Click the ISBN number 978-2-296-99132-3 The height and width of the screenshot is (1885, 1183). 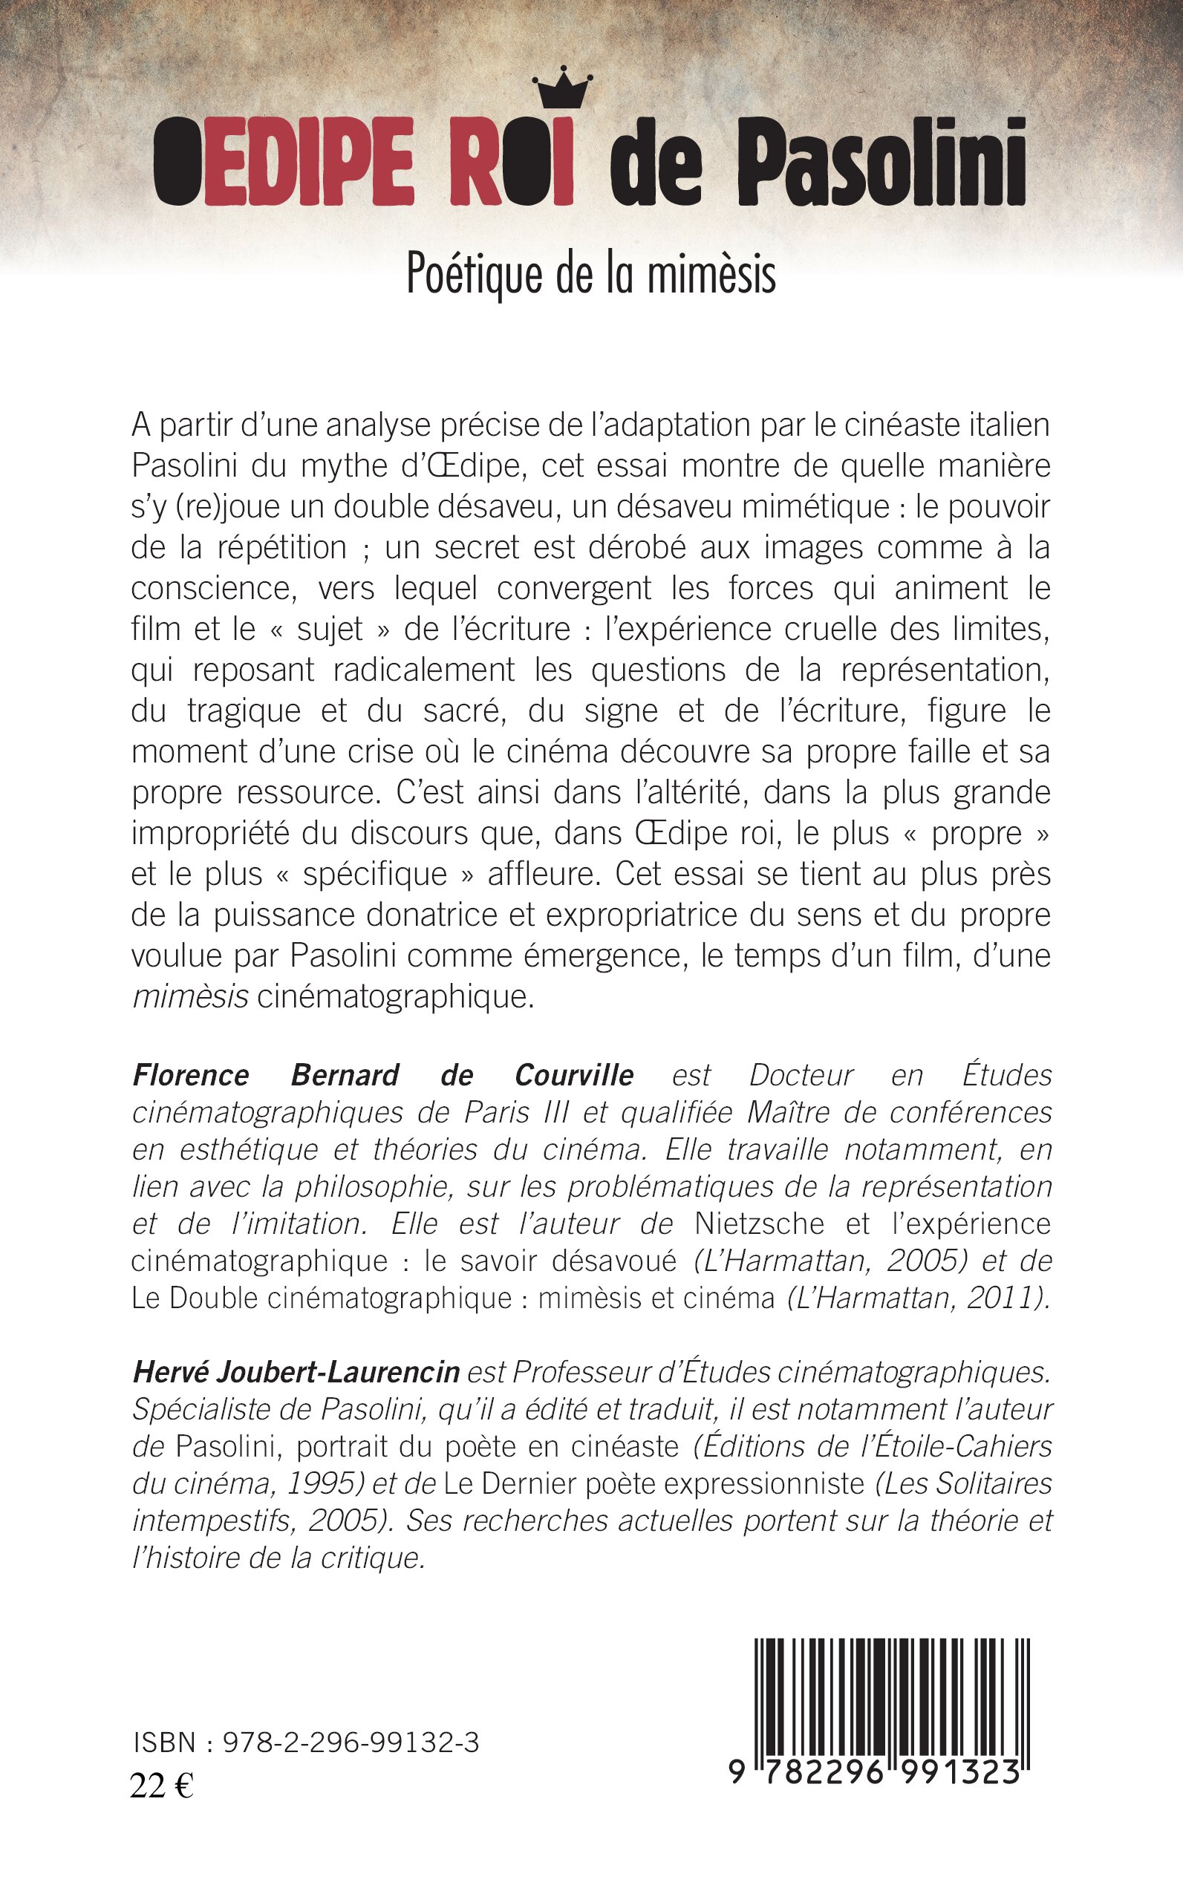click(x=351, y=1742)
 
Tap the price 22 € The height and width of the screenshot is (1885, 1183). click(x=162, y=1786)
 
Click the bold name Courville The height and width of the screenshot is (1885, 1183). click(x=573, y=1076)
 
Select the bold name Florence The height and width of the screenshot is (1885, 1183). click(x=191, y=1076)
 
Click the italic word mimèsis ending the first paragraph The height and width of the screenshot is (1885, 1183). click(x=191, y=996)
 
